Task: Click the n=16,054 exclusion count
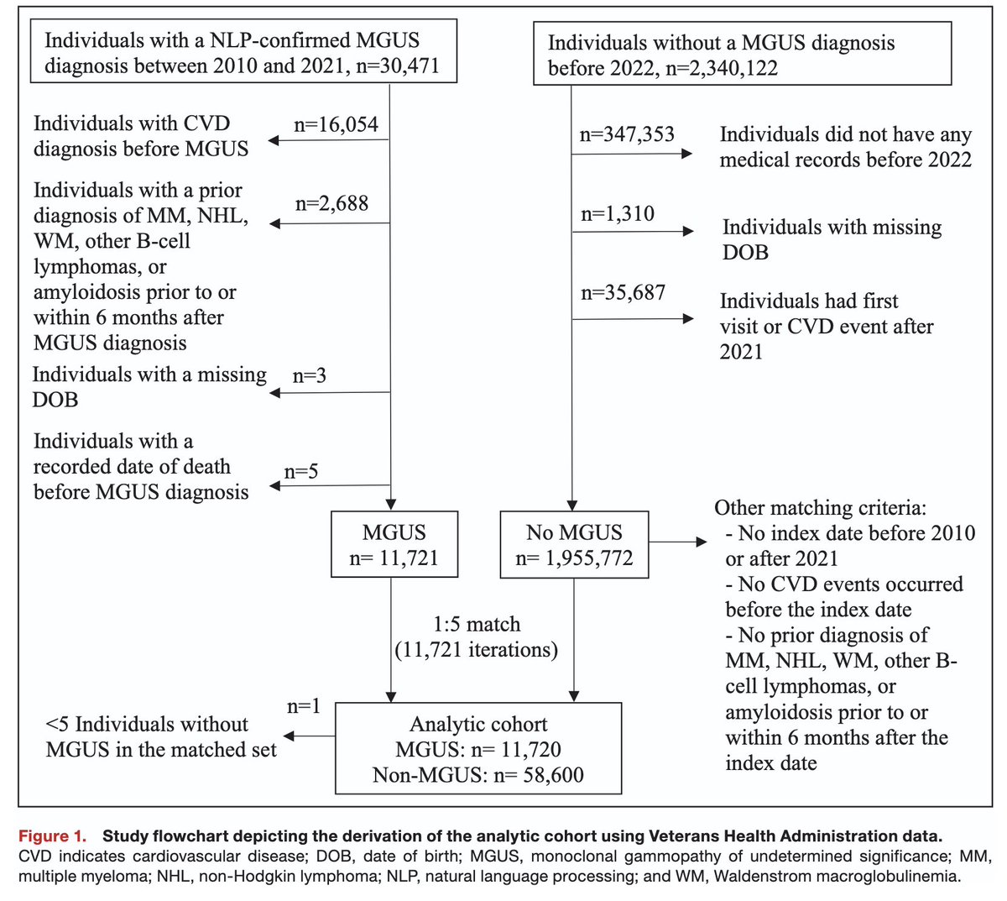[x=336, y=125]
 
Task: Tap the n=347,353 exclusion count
[x=627, y=134]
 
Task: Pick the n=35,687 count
[x=623, y=293]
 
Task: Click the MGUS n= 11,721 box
[x=394, y=545]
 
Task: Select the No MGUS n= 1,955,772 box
[x=574, y=545]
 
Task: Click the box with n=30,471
[x=243, y=52]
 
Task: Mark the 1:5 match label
[x=476, y=624]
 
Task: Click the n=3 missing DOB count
[x=310, y=376]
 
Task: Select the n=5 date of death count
[x=300, y=471]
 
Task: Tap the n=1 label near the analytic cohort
[x=304, y=706]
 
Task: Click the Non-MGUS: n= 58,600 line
[x=478, y=774]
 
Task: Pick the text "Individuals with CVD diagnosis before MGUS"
[x=141, y=136]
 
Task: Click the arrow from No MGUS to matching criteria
[x=678, y=542]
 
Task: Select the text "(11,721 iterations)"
[x=476, y=649]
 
